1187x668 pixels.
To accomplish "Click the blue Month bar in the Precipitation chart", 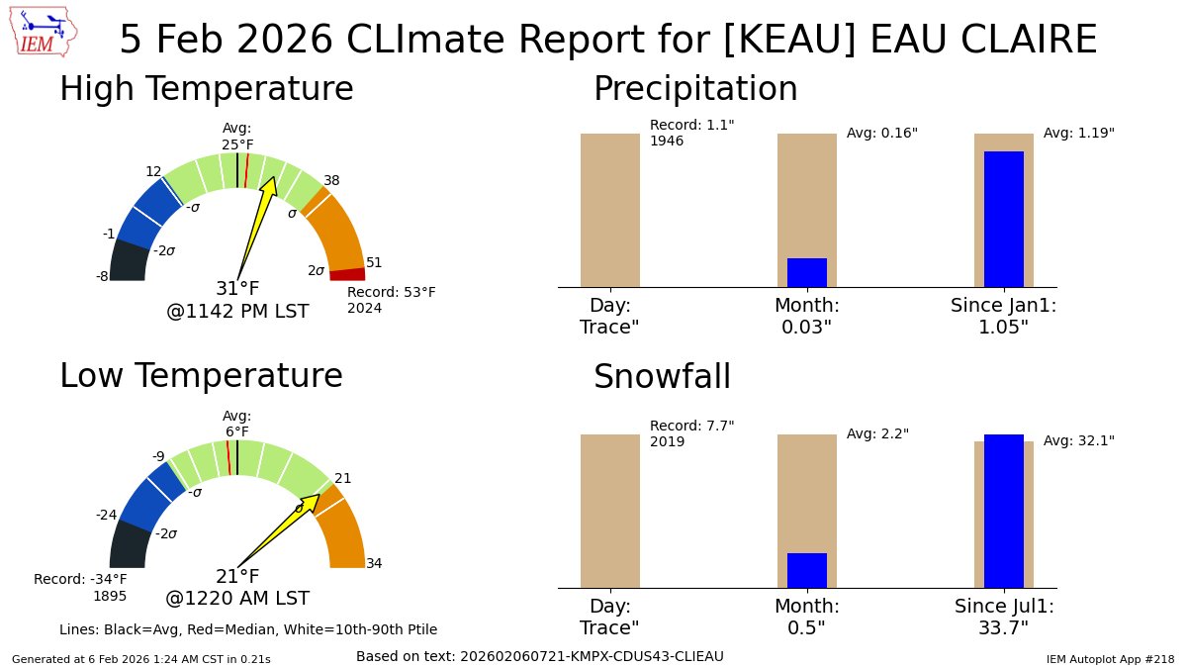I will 806,272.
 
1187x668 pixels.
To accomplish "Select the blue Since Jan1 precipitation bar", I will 1003,219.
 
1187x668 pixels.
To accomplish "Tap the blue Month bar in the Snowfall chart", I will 806,570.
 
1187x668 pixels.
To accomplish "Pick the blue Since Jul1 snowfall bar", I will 1003,511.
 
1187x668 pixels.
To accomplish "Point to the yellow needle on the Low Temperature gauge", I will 282,528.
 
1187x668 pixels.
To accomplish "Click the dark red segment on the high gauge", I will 347,274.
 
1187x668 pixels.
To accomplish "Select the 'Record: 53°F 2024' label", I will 391,300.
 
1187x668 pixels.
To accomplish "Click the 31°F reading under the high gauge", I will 237,289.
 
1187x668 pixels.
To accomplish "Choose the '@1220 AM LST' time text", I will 237,598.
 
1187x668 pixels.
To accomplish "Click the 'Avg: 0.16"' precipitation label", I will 881,133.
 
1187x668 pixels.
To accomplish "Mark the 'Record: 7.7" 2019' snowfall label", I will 691,433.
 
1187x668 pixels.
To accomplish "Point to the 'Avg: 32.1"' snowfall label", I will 1078,440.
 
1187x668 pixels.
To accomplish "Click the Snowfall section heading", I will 662,377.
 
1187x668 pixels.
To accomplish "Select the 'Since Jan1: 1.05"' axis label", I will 1003,316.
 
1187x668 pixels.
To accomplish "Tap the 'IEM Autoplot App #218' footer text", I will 1110,658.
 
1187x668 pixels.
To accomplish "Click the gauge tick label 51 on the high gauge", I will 374,262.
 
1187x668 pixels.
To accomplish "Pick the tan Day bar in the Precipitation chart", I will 609,210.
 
